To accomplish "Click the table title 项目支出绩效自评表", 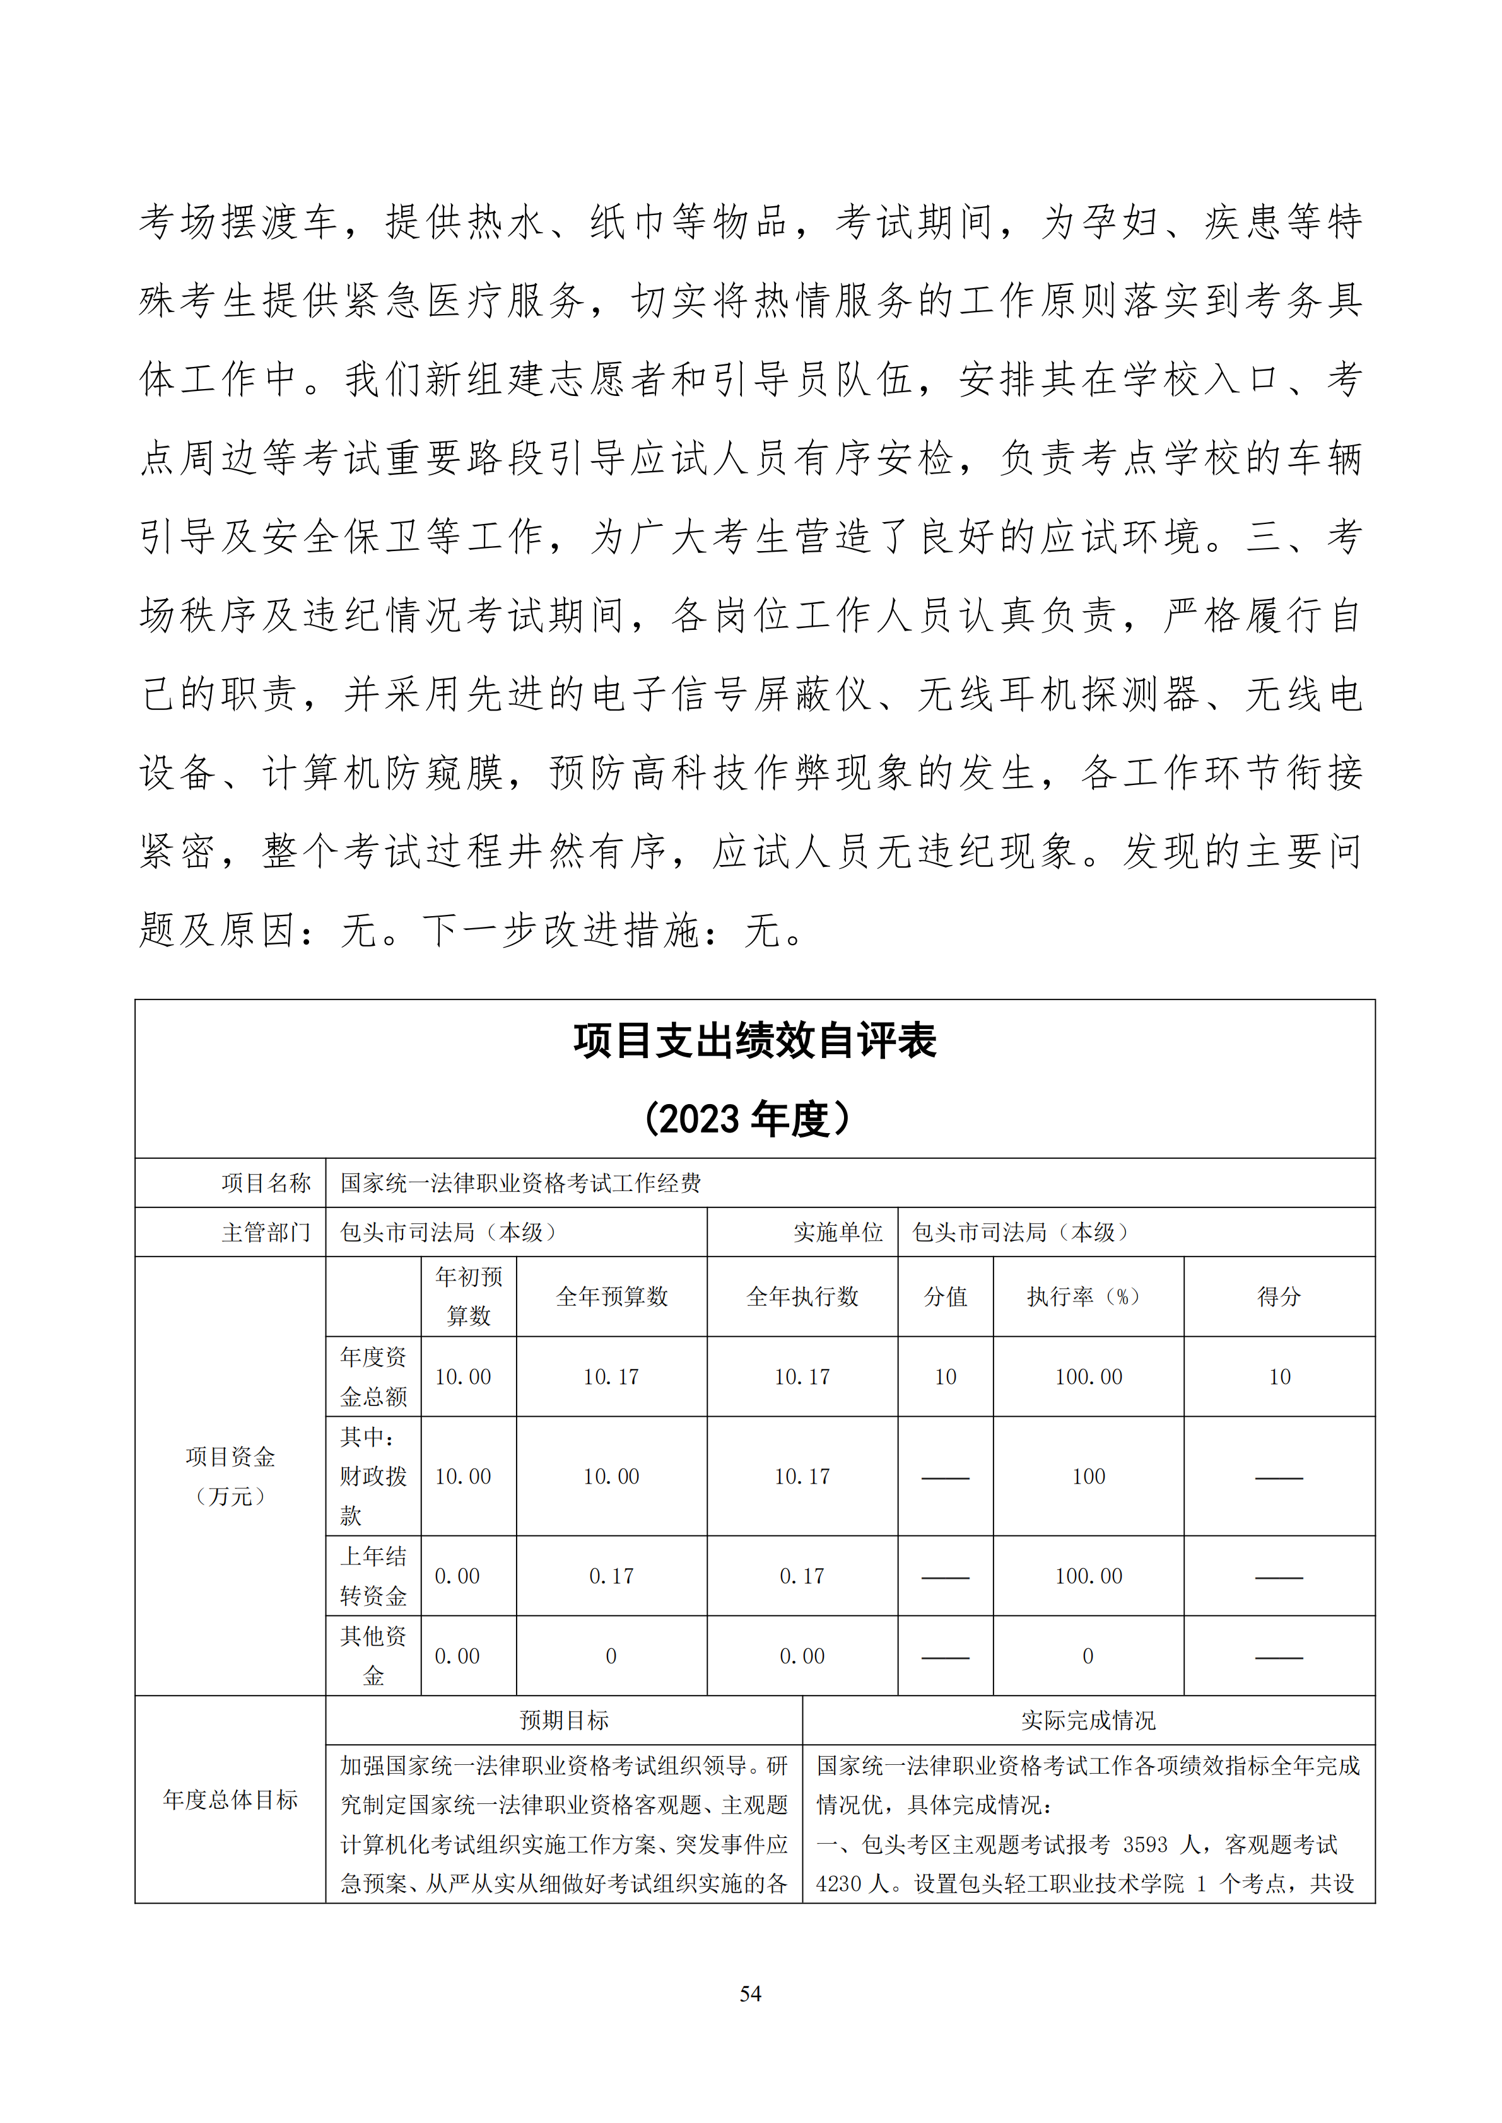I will click(754, 1041).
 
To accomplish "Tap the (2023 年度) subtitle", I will click(748, 1119).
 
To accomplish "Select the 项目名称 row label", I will click(266, 1183).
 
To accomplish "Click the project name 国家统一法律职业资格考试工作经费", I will click(520, 1183).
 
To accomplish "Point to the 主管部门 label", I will click(266, 1233).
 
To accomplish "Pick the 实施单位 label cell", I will click(838, 1233).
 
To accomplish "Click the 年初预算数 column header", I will click(469, 1296).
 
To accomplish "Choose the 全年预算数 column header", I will click(611, 1296).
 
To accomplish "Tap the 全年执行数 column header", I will click(802, 1296).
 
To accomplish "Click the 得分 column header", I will click(1279, 1296).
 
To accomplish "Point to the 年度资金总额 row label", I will click(373, 1377).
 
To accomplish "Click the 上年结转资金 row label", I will click(373, 1576).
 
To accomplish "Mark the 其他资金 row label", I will click(373, 1656).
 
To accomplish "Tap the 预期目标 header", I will click(564, 1720).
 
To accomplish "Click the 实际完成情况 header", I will click(1089, 1720).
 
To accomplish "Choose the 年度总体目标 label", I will click(230, 1800).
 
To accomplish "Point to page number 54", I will click(750, 1994).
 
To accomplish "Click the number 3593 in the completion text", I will click(1145, 1845).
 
